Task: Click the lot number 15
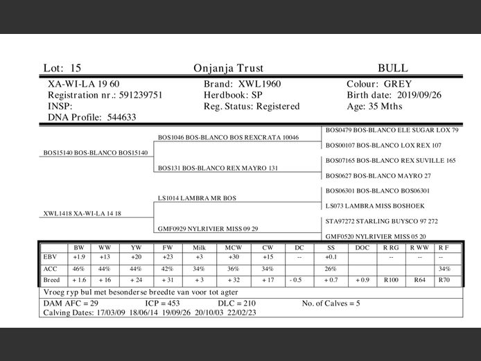tap(76, 69)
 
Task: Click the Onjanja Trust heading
tap(229, 69)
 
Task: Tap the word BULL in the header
tap(393, 69)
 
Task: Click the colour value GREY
tap(398, 84)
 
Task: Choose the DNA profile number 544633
tap(125, 118)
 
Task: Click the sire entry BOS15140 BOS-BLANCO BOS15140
tap(95, 152)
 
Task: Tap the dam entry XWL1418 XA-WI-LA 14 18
tap(82, 213)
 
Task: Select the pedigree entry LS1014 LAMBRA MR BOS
tap(197, 198)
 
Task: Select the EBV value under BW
tap(79, 257)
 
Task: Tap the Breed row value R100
tap(392, 279)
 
